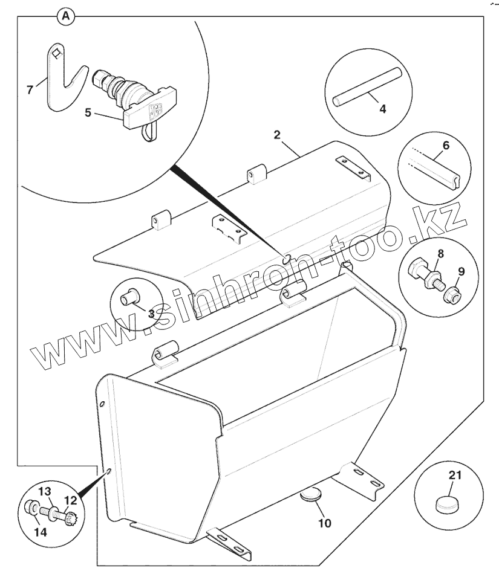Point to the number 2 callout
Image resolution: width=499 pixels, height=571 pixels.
click(x=277, y=134)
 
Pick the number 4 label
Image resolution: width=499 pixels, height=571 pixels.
click(x=383, y=109)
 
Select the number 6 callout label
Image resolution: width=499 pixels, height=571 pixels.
click(x=446, y=146)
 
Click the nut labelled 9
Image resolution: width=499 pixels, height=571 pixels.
click(x=451, y=295)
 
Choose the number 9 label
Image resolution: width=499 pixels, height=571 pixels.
click(x=461, y=273)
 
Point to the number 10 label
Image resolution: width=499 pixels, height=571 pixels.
click(x=325, y=523)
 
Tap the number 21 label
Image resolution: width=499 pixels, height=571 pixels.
click(x=455, y=474)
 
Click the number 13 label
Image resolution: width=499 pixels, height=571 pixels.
click(x=47, y=490)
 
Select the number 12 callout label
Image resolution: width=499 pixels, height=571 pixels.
click(x=71, y=500)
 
